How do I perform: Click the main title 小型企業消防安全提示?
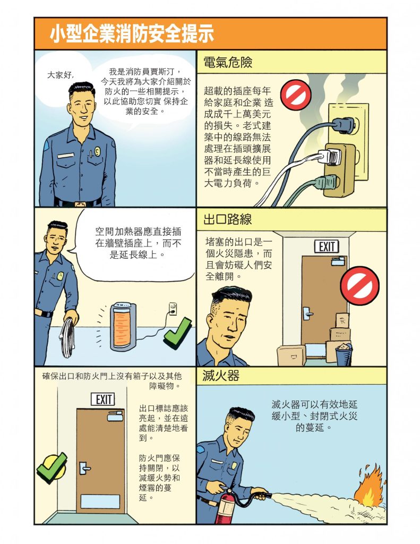point(132,33)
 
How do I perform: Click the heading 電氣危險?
point(227,62)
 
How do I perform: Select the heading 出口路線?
point(227,219)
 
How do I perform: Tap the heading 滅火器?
point(220,376)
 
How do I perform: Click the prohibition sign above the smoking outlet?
point(296,95)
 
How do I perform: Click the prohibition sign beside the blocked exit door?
point(359,285)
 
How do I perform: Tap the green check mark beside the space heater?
point(177,333)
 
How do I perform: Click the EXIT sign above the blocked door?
point(327,246)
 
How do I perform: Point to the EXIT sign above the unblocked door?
point(103,399)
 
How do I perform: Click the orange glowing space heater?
point(123,327)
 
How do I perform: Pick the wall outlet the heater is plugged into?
point(173,309)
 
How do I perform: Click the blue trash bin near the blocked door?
point(344,354)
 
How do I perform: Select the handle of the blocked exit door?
point(307,313)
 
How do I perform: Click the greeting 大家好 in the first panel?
point(61,74)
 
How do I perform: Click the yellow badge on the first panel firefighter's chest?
point(98,151)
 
